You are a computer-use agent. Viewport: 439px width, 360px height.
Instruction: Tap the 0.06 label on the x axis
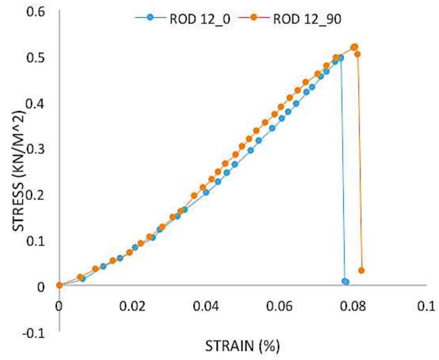click(279, 307)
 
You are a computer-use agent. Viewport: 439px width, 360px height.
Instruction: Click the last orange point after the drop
click(361, 270)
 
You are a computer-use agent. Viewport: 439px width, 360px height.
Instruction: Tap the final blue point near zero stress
click(345, 281)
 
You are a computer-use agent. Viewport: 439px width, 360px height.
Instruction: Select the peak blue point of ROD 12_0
click(341, 58)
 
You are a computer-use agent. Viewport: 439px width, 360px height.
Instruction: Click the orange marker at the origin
click(59, 285)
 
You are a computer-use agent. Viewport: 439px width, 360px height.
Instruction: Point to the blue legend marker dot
click(149, 18)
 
